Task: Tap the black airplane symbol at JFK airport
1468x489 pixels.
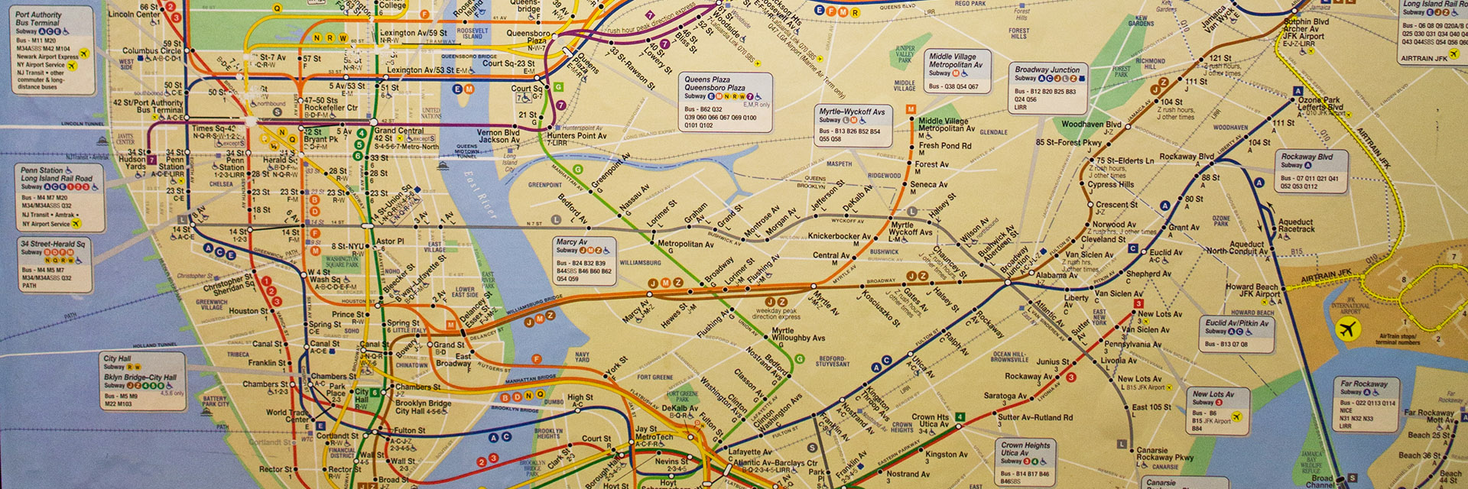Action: click(x=1347, y=330)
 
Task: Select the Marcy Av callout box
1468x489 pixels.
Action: click(x=585, y=261)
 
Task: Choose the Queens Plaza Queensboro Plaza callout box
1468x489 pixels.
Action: click(x=726, y=102)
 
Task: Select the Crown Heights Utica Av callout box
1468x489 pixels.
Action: click(x=1026, y=461)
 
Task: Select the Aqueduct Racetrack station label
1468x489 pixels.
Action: click(x=1296, y=225)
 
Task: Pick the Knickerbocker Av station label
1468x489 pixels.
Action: click(x=839, y=236)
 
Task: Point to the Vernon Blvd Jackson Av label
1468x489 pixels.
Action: click(x=499, y=136)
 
